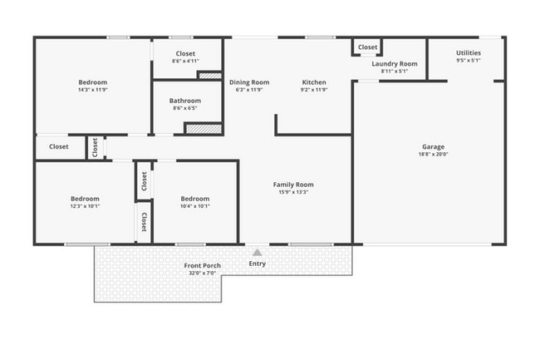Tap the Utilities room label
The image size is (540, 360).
[468, 53]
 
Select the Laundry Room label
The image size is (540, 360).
[394, 63]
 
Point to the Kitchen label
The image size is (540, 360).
[314, 82]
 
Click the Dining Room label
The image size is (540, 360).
[249, 82]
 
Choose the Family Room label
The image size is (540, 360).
[293, 185]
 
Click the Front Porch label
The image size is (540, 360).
[202, 266]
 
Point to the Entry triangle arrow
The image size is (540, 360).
[258, 252]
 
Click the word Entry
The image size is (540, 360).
[258, 264]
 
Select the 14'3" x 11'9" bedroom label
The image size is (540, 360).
[92, 82]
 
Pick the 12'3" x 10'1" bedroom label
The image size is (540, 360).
[85, 199]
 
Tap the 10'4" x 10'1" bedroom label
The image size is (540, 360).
[194, 199]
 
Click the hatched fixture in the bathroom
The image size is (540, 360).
[203, 129]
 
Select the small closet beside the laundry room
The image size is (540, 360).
[367, 47]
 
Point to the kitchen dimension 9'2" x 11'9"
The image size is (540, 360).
[314, 90]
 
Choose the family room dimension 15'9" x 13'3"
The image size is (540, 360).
[293, 192]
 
